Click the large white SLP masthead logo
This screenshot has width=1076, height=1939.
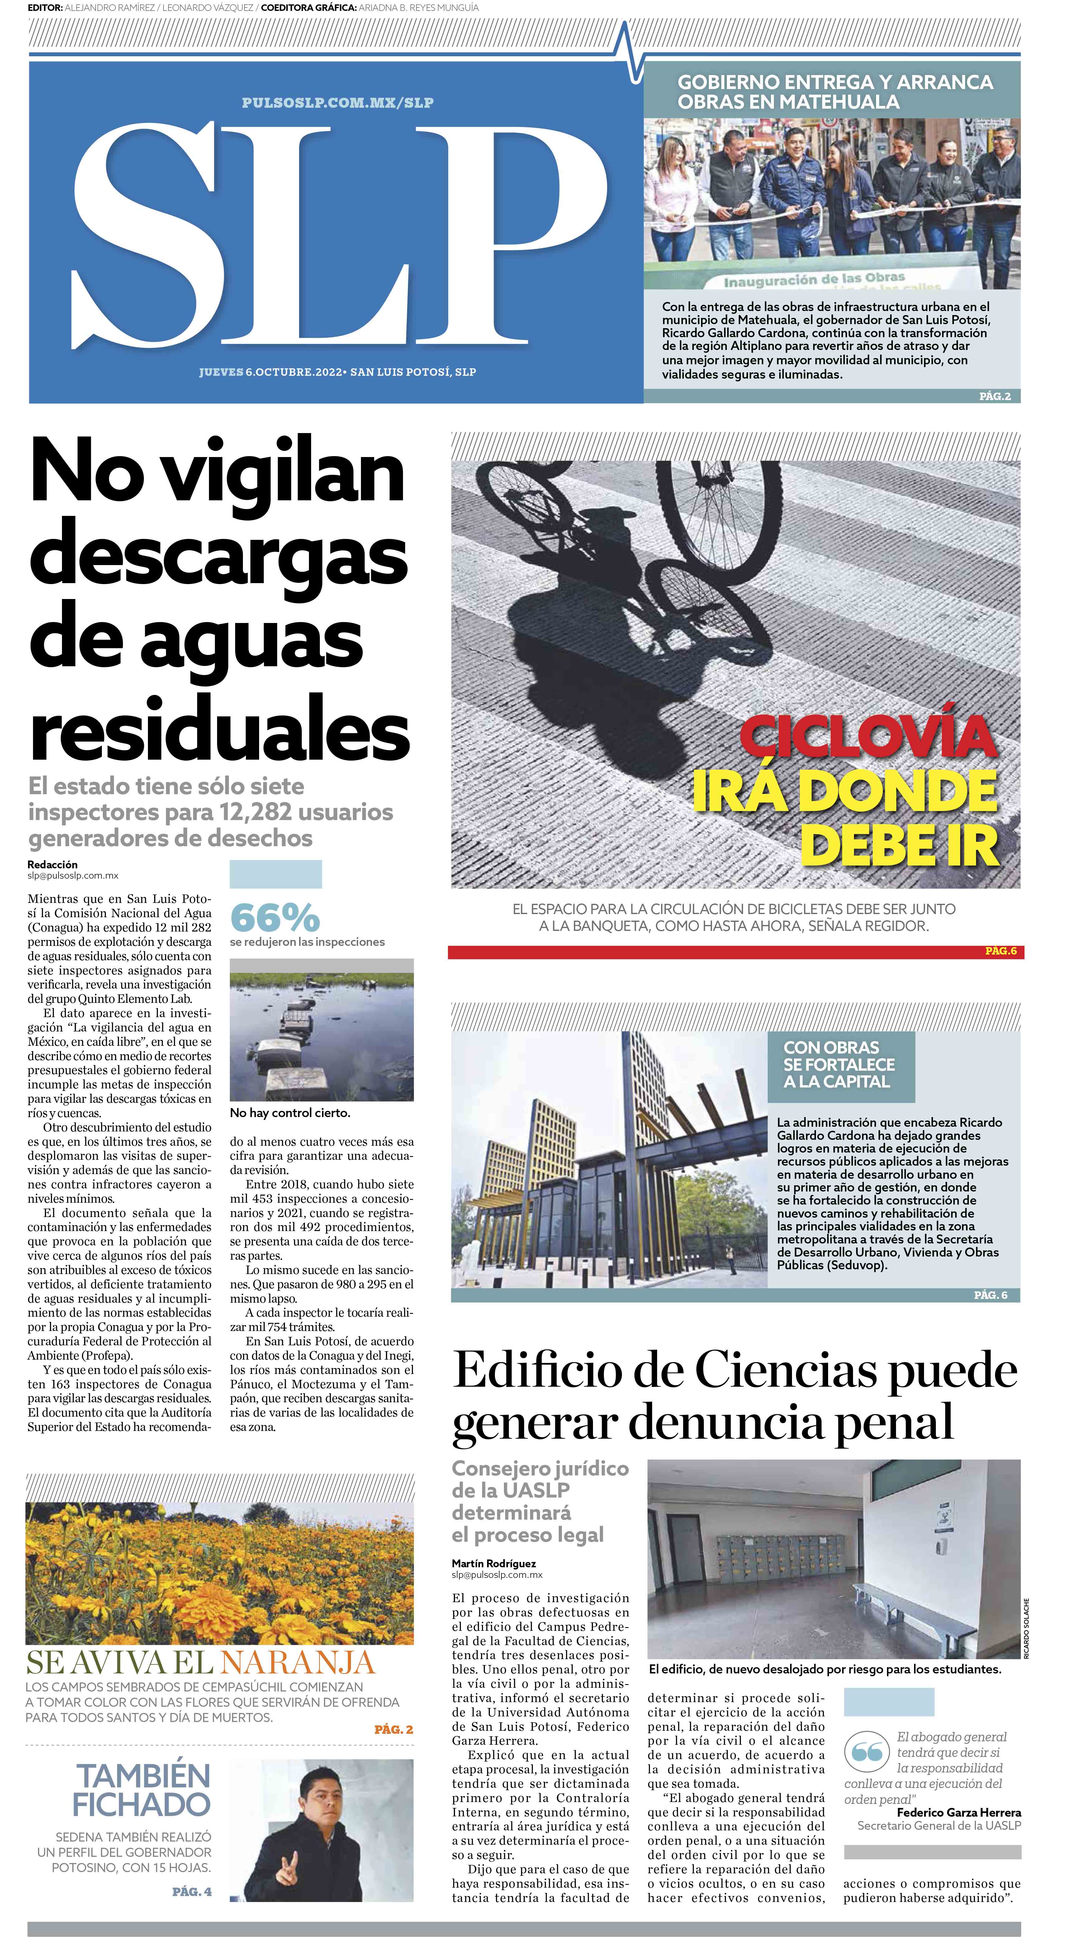coord(339,233)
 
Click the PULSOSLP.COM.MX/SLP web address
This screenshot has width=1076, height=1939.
coord(337,102)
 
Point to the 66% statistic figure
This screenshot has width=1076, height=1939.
coord(275,917)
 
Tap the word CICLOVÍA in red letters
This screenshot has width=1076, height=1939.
coord(867,738)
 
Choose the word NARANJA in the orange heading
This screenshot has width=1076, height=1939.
coord(297,1662)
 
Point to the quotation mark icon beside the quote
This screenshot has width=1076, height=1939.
coord(867,1752)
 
